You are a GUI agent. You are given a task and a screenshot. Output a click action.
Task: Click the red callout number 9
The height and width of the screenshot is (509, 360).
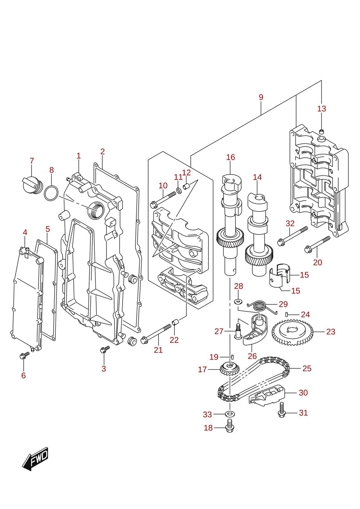pos(261,97)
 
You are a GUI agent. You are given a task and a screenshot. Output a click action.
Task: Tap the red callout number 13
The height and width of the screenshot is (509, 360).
pos(321,109)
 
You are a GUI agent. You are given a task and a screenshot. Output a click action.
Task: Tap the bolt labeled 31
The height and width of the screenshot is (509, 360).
pos(282,410)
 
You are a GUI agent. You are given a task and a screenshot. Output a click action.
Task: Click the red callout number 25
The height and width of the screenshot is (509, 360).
pos(306,368)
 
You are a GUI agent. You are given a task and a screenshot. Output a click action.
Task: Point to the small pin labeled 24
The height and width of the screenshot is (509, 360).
pos(287,314)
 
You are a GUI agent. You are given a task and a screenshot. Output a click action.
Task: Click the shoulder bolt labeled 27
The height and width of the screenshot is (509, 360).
pos(238,331)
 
